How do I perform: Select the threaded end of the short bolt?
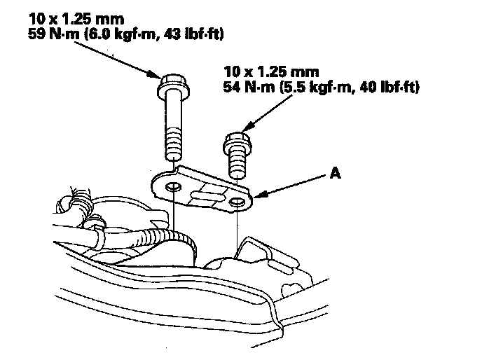pyautogui.click(x=237, y=167)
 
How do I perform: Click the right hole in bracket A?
pyautogui.click(x=238, y=203)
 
